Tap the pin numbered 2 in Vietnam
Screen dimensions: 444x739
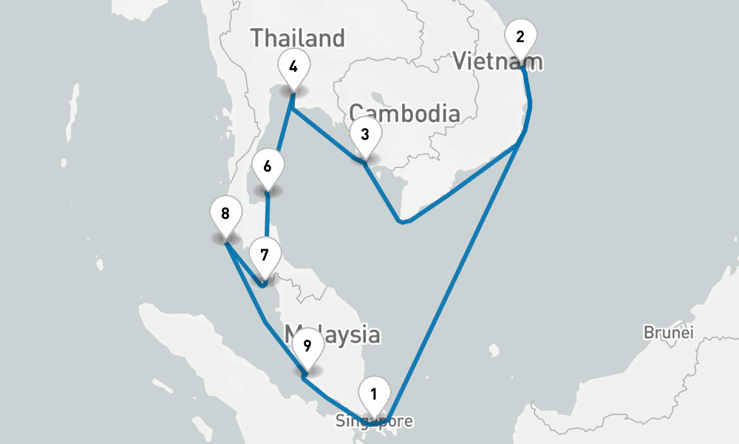click(520, 38)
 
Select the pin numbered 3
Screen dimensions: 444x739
click(364, 135)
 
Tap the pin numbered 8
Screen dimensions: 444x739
click(225, 215)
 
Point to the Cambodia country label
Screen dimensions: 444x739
click(405, 113)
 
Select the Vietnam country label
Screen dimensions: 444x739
click(498, 61)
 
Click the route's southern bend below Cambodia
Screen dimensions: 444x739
click(401, 221)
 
